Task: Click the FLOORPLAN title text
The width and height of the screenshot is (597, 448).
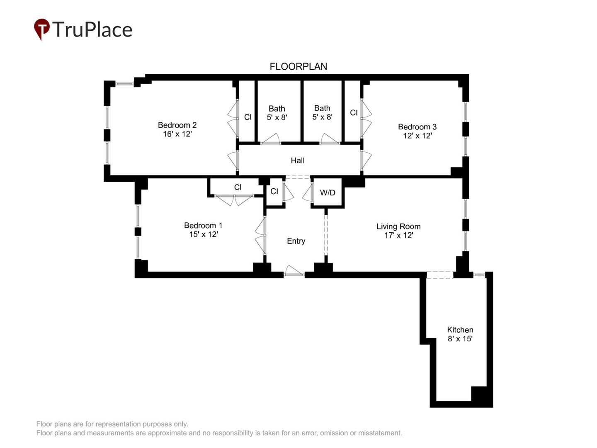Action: tap(298, 66)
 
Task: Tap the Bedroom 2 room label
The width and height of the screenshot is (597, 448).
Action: tap(177, 125)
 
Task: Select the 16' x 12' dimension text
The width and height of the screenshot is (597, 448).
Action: tap(177, 134)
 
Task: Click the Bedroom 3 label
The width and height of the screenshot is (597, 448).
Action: tap(417, 127)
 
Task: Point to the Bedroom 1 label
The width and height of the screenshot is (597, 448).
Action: tap(203, 225)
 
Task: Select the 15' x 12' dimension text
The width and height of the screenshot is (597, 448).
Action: tap(203, 234)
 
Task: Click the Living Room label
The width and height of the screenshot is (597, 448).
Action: tap(398, 226)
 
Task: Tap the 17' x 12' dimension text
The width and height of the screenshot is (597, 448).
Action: tap(398, 236)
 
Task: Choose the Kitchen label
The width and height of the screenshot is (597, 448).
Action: tap(460, 330)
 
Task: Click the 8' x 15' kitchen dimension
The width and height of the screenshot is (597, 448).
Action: tap(460, 339)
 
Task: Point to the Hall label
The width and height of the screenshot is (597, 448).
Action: tap(297, 161)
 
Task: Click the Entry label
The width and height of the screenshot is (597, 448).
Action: tap(296, 241)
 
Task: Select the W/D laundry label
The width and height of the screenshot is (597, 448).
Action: tap(328, 192)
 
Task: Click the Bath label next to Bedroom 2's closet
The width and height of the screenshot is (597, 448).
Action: tap(277, 109)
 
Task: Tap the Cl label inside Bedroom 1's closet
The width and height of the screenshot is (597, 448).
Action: tap(238, 187)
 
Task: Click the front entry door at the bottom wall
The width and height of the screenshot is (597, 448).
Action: tap(294, 272)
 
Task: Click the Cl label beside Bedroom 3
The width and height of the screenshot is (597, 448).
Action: tap(354, 113)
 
